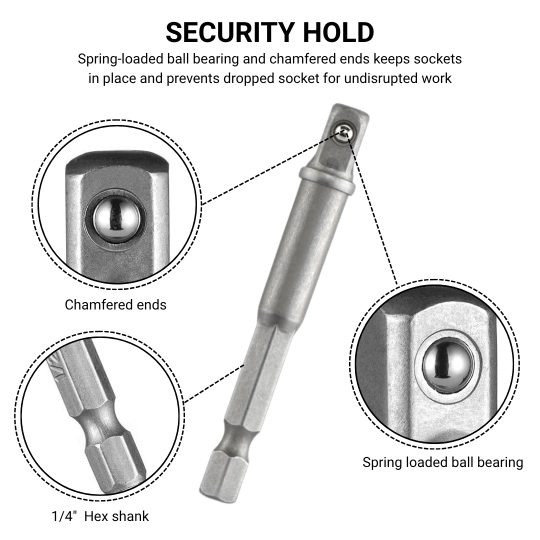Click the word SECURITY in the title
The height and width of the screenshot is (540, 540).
tap(230, 32)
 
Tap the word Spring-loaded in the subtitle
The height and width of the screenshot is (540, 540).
tap(120, 59)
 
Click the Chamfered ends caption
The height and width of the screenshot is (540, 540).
tap(115, 305)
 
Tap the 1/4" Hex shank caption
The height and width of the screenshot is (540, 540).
tap(100, 516)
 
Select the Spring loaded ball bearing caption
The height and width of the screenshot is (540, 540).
tap(442, 462)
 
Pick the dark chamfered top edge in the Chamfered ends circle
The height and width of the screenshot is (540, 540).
tap(117, 160)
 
